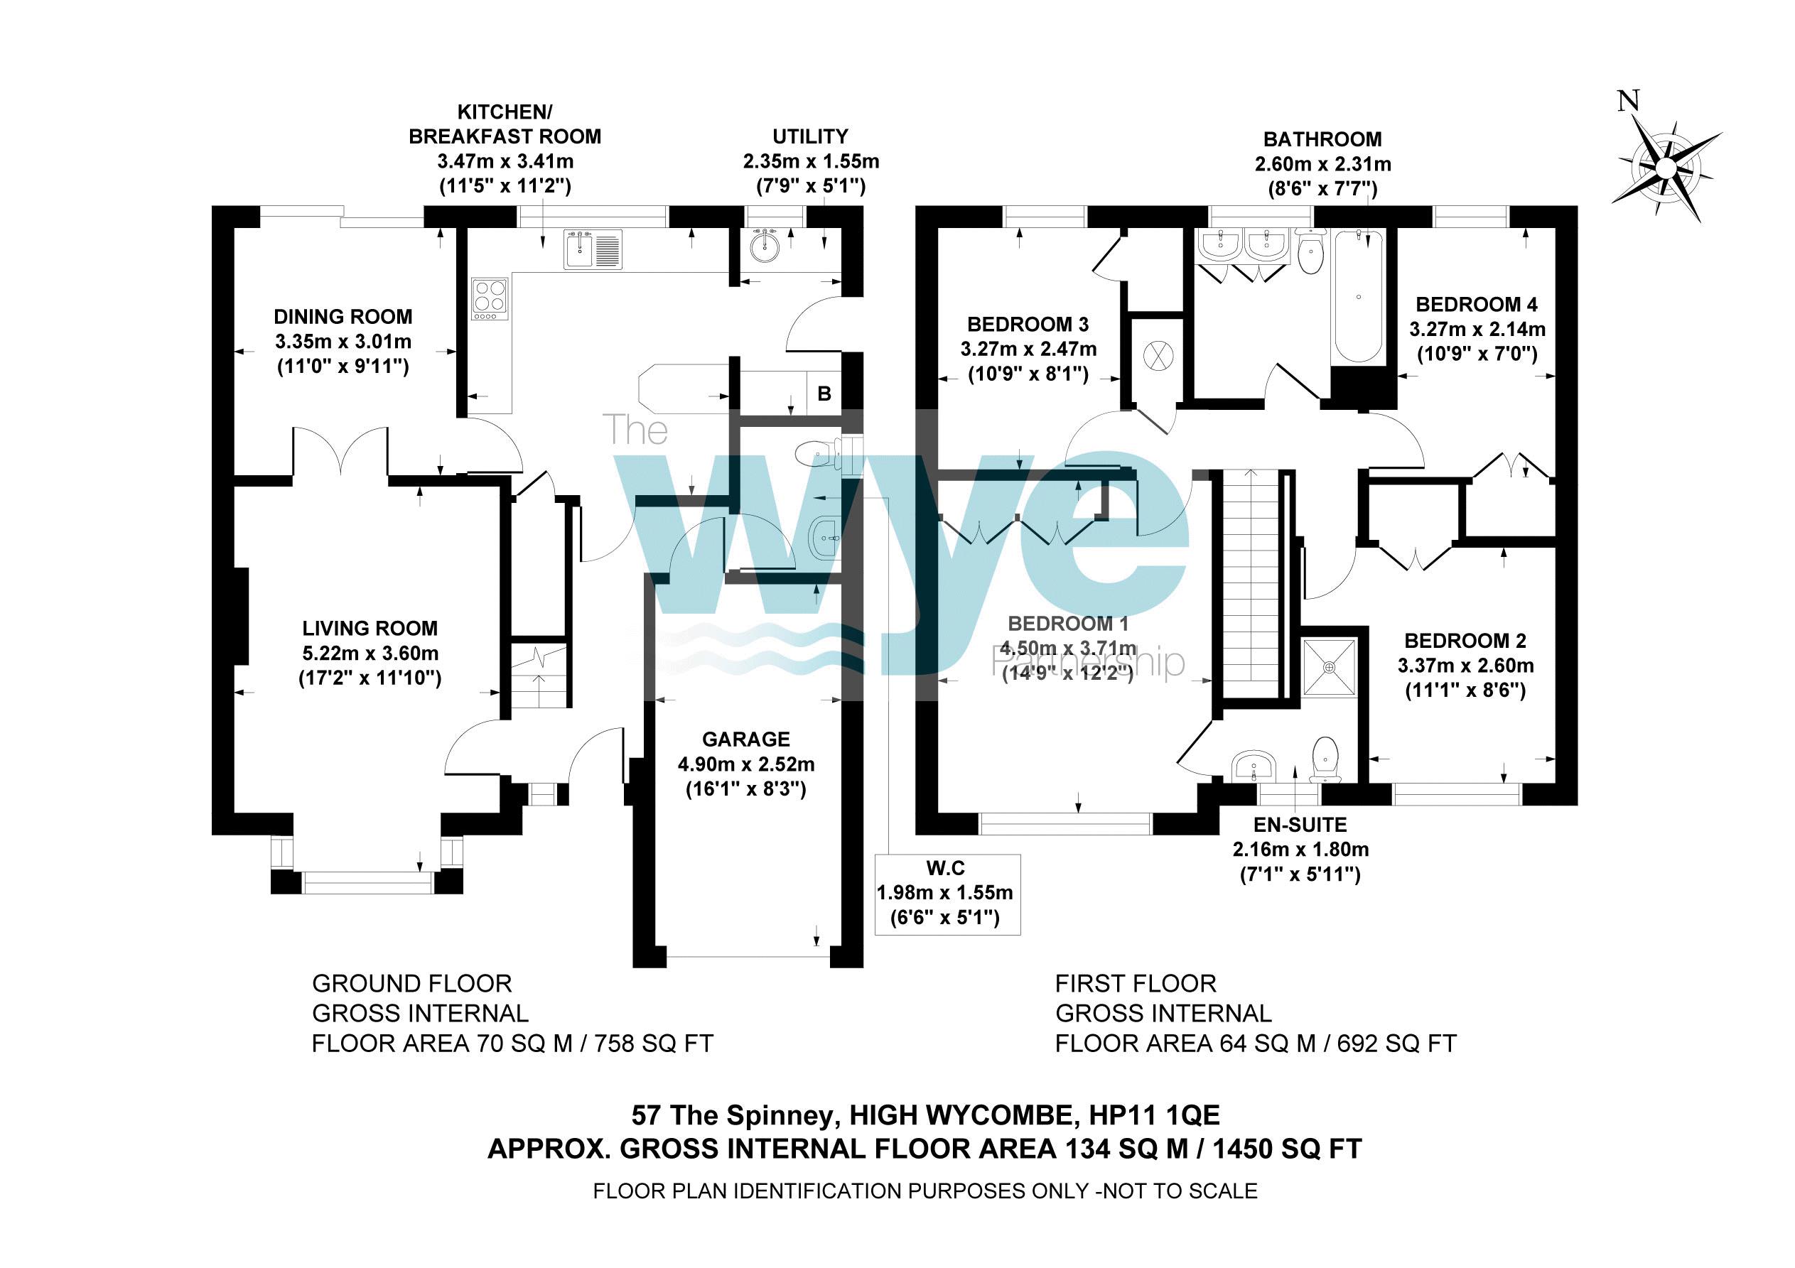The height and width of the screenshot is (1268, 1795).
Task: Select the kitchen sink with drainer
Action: [x=593, y=249]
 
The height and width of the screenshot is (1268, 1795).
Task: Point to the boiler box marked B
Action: [x=824, y=394]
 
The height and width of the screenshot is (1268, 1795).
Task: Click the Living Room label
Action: [x=370, y=629]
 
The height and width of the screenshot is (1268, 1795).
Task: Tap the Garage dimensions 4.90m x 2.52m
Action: [x=746, y=764]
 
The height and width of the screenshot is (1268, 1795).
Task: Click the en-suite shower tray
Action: [x=1329, y=667]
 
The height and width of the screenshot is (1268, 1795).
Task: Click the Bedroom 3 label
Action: [x=1028, y=325]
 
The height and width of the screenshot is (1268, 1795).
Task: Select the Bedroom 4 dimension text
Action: [x=1477, y=329]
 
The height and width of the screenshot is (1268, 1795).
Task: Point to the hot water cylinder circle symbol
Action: [x=1158, y=357]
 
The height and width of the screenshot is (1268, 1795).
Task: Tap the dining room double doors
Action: [x=341, y=451]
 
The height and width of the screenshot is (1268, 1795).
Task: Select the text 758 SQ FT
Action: [x=654, y=1044]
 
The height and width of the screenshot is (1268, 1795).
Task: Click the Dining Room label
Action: [x=343, y=317]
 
